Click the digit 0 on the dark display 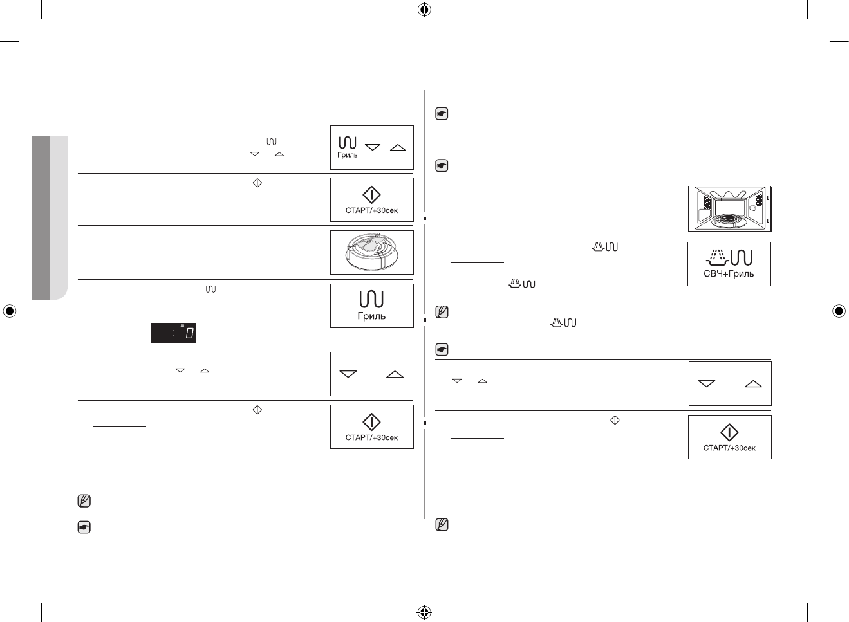(190, 334)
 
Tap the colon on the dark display (173, 333)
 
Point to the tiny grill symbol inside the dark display (182, 325)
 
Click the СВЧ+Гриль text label (729, 274)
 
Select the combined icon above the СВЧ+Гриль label (729, 257)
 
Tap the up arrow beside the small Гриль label (398, 147)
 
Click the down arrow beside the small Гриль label (373, 147)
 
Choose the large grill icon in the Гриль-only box (371, 299)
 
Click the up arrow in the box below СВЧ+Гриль (753, 384)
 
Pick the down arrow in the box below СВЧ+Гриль (706, 384)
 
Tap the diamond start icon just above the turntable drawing (371, 195)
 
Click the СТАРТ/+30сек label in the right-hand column (729, 448)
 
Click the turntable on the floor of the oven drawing (729, 220)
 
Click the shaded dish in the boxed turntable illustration (369, 247)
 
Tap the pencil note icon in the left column (84, 500)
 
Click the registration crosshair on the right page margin (838, 311)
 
